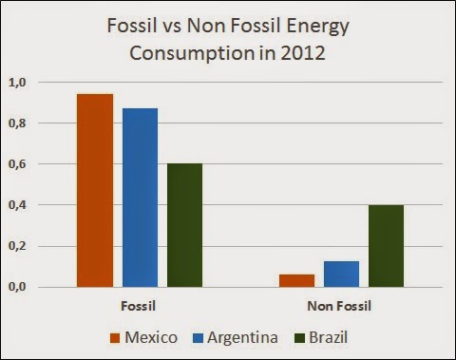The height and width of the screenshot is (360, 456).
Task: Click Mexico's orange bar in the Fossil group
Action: tap(95, 191)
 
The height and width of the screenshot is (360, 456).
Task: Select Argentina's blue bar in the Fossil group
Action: tap(140, 198)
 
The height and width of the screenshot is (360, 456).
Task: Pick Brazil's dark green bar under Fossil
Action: tap(184, 225)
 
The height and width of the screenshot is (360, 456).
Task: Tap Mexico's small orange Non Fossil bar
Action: tap(296, 281)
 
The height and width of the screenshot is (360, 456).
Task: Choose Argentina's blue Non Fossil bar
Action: tap(341, 275)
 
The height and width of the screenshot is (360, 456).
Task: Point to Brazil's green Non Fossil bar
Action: tap(387, 246)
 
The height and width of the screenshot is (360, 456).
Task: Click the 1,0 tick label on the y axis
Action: tap(17, 83)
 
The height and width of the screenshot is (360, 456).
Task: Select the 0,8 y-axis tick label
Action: tap(17, 123)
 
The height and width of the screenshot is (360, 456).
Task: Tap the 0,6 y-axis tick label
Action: tap(17, 164)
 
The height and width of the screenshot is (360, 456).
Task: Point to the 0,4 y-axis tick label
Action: tap(17, 205)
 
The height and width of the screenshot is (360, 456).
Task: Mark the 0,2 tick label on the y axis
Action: tap(17, 246)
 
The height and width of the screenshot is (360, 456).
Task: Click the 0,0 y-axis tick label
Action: tap(17, 287)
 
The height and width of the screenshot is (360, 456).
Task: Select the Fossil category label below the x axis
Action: tap(139, 306)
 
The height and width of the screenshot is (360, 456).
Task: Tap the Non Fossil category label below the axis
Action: tap(339, 306)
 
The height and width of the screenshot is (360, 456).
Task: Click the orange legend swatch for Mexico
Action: tap(115, 338)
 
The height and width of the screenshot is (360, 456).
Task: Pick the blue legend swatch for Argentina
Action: tap(198, 338)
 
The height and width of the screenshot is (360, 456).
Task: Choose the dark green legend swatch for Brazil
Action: tap(299, 338)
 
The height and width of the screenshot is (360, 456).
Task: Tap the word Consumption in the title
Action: tap(192, 54)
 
